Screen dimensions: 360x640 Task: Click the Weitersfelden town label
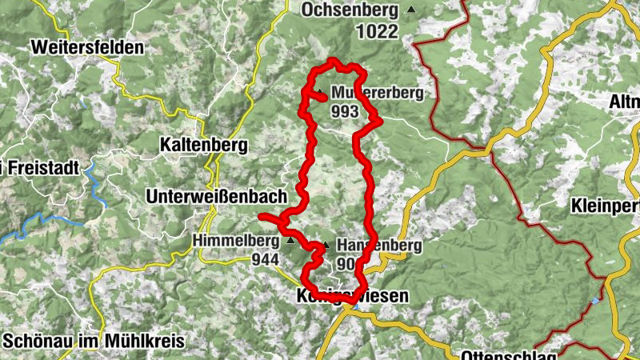click(87, 47)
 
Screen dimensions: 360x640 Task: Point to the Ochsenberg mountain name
click(350, 10)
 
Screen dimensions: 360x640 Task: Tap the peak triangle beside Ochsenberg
click(411, 10)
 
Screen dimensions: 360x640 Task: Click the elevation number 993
click(344, 111)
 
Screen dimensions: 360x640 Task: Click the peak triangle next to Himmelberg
click(290, 240)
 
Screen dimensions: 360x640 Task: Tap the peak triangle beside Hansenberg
click(326, 245)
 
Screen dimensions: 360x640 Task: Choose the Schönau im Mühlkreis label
click(94, 341)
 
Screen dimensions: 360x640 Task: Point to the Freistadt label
click(27, 168)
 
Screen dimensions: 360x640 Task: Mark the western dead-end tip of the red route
click(261, 217)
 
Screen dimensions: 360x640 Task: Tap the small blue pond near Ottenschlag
click(594, 301)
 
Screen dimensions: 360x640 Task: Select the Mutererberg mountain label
click(376, 92)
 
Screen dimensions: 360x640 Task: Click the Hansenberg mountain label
click(380, 246)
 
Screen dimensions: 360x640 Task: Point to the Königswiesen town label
click(352, 296)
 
